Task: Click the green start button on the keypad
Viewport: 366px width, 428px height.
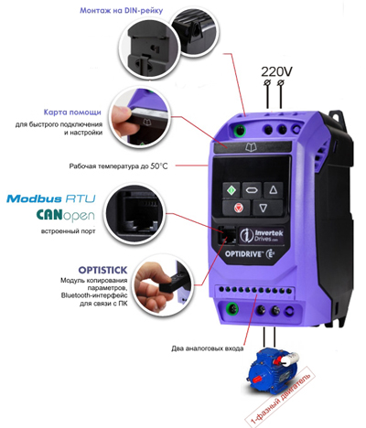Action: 231,190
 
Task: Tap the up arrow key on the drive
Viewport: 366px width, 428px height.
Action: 274,190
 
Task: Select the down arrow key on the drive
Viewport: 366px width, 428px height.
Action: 263,208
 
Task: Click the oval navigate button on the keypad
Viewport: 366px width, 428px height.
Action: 252,190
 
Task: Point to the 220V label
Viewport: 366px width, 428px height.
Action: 276,71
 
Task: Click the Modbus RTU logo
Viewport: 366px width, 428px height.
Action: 51,198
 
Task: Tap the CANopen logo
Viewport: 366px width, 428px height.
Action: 65,215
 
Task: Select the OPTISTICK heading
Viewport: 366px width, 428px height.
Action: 102,270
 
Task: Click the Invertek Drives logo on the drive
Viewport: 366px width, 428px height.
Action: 262,236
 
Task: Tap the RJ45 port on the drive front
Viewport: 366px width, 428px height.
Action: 227,235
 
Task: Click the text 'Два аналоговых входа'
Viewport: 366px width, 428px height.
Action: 208,348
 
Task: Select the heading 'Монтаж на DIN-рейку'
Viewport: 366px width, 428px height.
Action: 122,11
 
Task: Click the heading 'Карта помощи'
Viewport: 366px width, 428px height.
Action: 72,112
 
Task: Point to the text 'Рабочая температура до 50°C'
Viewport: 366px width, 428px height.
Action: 118,166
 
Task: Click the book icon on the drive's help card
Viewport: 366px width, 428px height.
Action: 251,147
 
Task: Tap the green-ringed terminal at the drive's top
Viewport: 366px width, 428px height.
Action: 240,130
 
